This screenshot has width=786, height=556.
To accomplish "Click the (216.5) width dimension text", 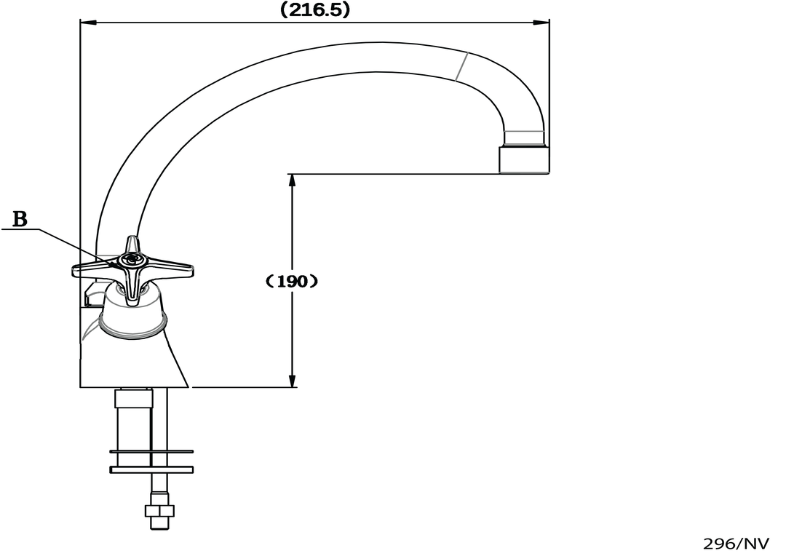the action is (314, 9).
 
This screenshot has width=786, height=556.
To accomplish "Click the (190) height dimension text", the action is (293, 281).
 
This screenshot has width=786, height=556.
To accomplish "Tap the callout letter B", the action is (20, 219).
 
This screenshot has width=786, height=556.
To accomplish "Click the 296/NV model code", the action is (736, 544).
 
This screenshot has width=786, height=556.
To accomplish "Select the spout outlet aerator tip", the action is (523, 159).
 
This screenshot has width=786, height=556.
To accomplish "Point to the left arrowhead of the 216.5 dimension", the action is (88, 22).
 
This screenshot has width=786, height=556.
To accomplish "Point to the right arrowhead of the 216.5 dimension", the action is (541, 22).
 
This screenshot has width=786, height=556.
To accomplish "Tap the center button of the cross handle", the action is (132, 259).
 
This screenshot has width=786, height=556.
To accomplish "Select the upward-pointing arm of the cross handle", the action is (132, 245).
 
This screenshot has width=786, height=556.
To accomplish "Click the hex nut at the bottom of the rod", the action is (159, 511).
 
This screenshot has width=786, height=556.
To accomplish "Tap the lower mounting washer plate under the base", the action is (151, 470).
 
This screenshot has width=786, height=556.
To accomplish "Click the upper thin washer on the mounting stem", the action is (151, 452).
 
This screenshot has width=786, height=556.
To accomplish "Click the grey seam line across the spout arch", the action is (461, 66).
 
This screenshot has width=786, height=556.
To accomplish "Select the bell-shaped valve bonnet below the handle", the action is (133, 311).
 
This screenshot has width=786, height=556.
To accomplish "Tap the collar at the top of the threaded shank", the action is (133, 398).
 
